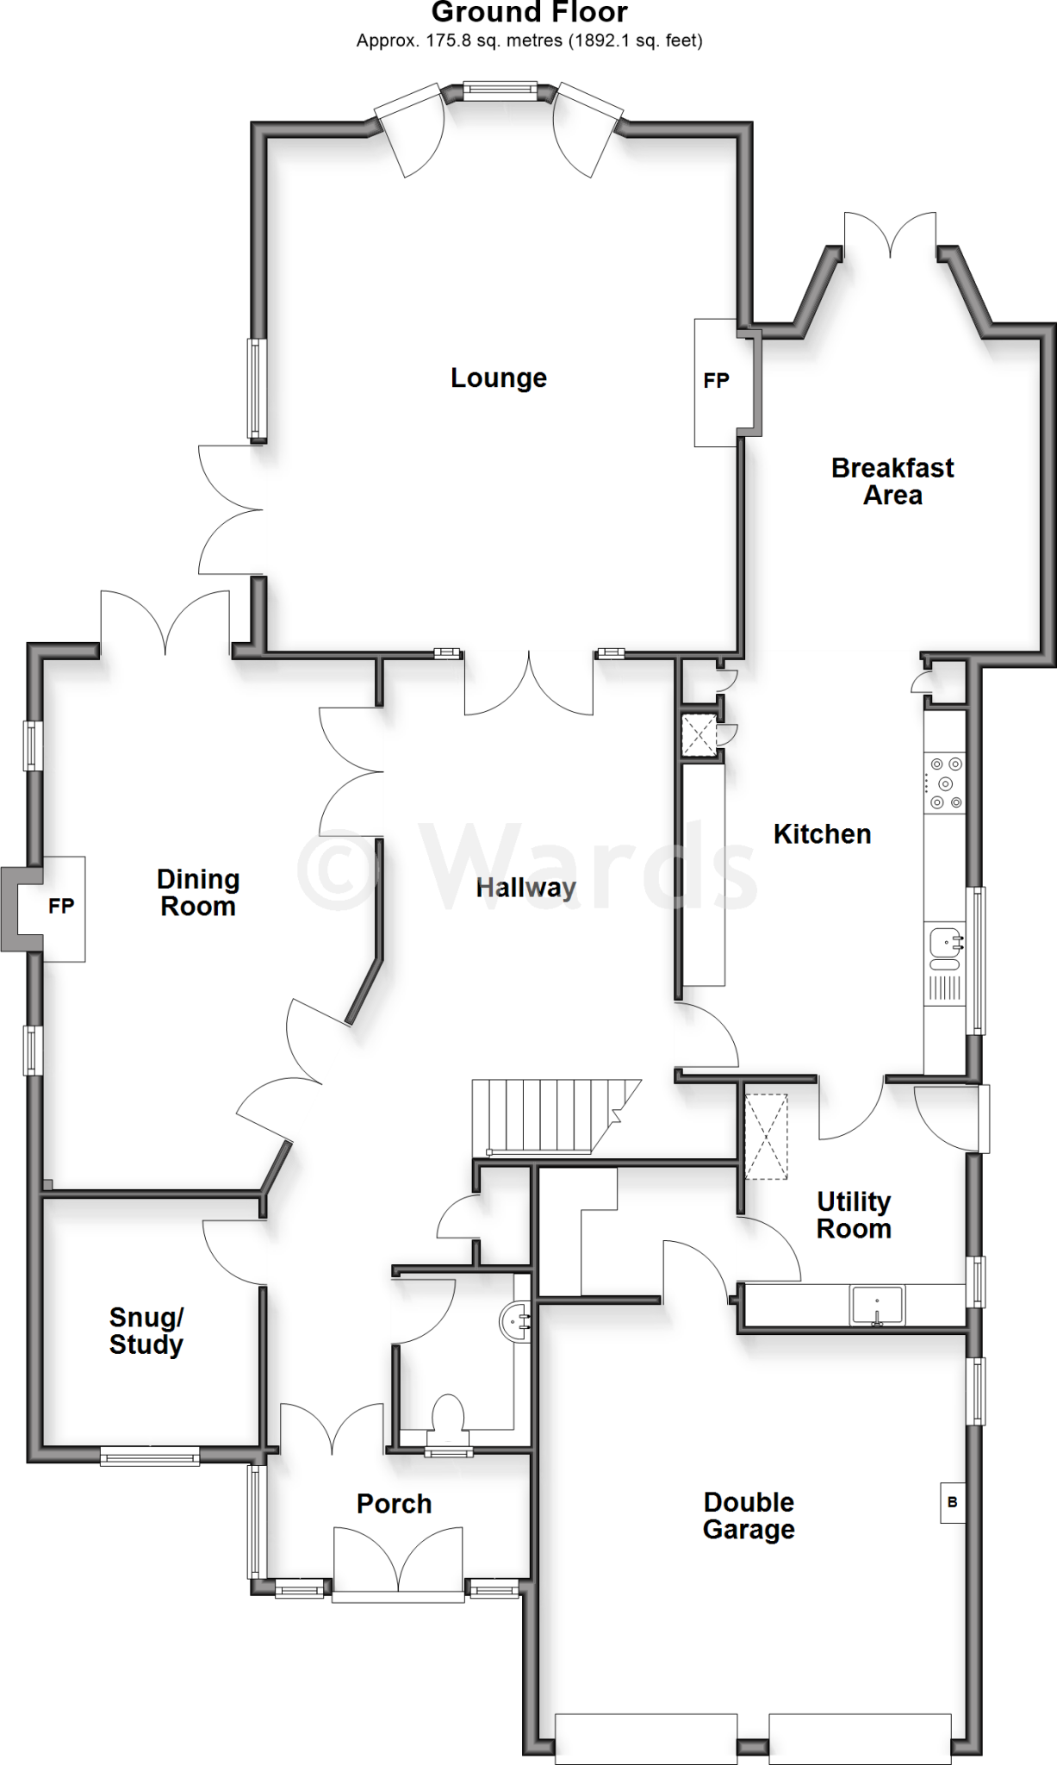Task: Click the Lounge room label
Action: (499, 378)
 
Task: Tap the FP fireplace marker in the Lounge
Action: (717, 381)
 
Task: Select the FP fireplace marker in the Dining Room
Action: (61, 906)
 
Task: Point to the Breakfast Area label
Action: (892, 482)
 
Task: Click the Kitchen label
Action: (822, 834)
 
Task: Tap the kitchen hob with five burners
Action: (945, 783)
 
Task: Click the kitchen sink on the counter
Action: (945, 945)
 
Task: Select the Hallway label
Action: (525, 888)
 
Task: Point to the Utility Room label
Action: (854, 1215)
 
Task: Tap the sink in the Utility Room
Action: (876, 1305)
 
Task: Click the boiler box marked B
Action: (952, 1503)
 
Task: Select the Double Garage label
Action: (749, 1516)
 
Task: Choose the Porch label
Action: (394, 1504)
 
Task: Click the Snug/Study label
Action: (146, 1332)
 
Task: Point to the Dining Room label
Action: (198, 893)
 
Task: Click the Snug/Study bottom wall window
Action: (150, 1456)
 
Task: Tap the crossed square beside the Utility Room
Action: (766, 1136)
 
